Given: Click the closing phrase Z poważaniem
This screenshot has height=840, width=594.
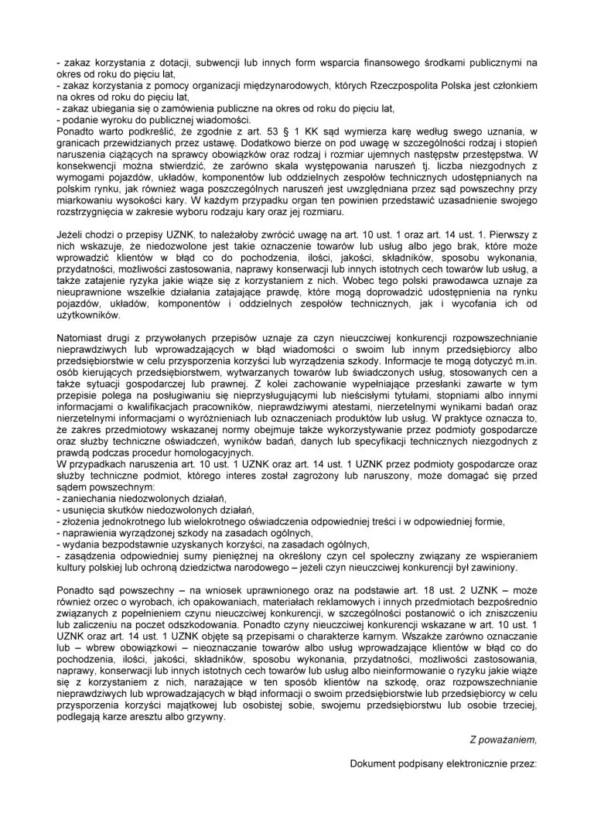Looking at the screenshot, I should (x=503, y=741).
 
